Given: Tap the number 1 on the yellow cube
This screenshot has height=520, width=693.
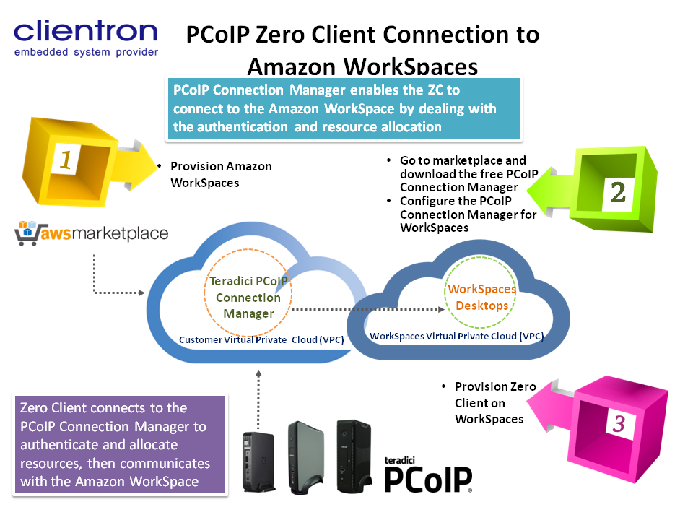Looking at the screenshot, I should point(66,160).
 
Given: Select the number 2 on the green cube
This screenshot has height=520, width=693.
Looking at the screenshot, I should point(618,191).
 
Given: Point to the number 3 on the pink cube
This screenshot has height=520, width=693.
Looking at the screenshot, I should point(618,423).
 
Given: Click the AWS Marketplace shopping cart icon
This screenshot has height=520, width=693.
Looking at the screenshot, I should point(27,234).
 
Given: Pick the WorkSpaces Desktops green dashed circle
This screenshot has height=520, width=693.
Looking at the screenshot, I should point(481,297).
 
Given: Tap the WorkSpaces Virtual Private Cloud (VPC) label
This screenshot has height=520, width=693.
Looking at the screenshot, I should point(456,336).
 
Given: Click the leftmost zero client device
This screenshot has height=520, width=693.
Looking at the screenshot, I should point(258,461).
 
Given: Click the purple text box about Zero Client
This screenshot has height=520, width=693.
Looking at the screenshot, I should point(120,444).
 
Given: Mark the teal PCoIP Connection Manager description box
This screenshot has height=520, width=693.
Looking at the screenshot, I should point(344,108).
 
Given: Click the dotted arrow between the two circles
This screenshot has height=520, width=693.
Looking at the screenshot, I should point(369,309).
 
